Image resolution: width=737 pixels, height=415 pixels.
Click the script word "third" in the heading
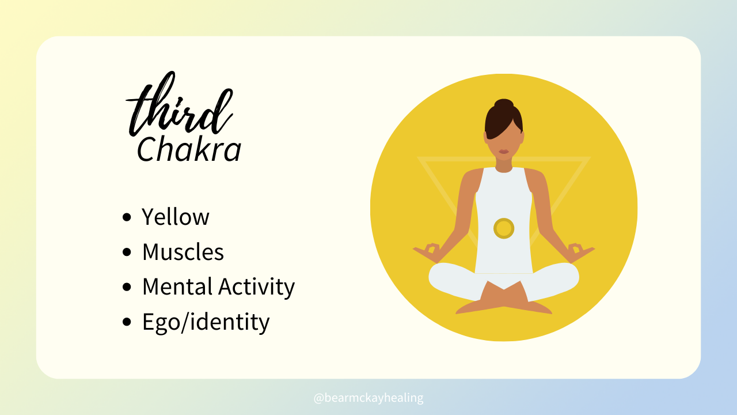[x=180, y=105]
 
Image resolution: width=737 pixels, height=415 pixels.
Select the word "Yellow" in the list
[x=176, y=217]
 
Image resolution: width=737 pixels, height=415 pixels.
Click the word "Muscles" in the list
[x=183, y=252]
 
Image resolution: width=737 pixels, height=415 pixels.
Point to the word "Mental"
[x=177, y=286]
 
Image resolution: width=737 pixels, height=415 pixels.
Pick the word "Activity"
[x=257, y=287]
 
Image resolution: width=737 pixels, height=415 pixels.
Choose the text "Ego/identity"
[x=206, y=322]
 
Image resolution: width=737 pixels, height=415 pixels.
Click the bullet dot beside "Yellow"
[x=127, y=217]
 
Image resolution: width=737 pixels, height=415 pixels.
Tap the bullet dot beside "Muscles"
[x=127, y=252]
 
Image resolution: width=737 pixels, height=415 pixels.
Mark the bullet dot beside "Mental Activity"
[x=127, y=287]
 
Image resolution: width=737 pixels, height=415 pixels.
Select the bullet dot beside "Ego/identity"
[x=127, y=322]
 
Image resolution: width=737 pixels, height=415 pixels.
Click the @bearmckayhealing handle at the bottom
[x=368, y=398]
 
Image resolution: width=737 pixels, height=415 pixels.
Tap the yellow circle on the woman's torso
[x=504, y=228]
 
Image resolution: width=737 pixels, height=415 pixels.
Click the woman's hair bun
[x=504, y=104]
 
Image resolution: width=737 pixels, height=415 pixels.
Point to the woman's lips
[x=504, y=152]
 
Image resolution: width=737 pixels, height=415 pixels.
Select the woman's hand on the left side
[x=427, y=252]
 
